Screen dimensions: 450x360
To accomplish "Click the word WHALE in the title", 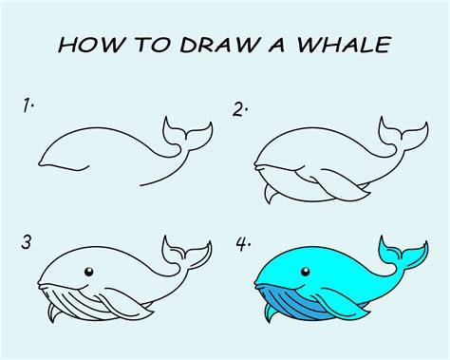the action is coord(344,45).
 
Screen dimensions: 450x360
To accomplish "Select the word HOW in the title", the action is coord(90,45).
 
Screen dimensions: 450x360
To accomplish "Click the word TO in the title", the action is coord(153,45).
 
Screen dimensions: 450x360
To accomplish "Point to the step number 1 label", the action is coord(28,105).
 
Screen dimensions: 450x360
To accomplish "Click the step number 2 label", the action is coord(239,109).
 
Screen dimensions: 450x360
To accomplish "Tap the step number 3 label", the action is coord(27,242).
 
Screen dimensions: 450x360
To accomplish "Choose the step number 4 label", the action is coord(243,244).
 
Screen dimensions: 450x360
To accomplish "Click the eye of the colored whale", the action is coord(305,272).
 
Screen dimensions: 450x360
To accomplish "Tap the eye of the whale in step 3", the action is coord(89,272).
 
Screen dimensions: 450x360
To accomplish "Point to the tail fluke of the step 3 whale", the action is coord(186,254).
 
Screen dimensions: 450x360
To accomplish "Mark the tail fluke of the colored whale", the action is coord(403,254).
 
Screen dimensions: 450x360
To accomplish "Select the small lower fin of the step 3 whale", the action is coord(54,313).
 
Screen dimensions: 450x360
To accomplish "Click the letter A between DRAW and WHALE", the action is coord(277,45).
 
